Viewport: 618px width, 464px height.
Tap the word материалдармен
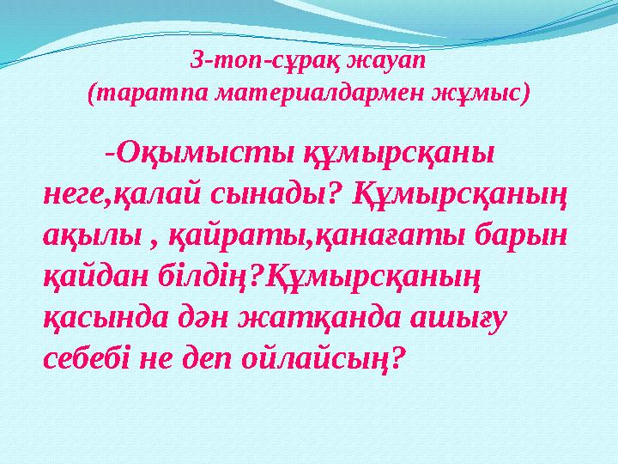pos(303,92)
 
